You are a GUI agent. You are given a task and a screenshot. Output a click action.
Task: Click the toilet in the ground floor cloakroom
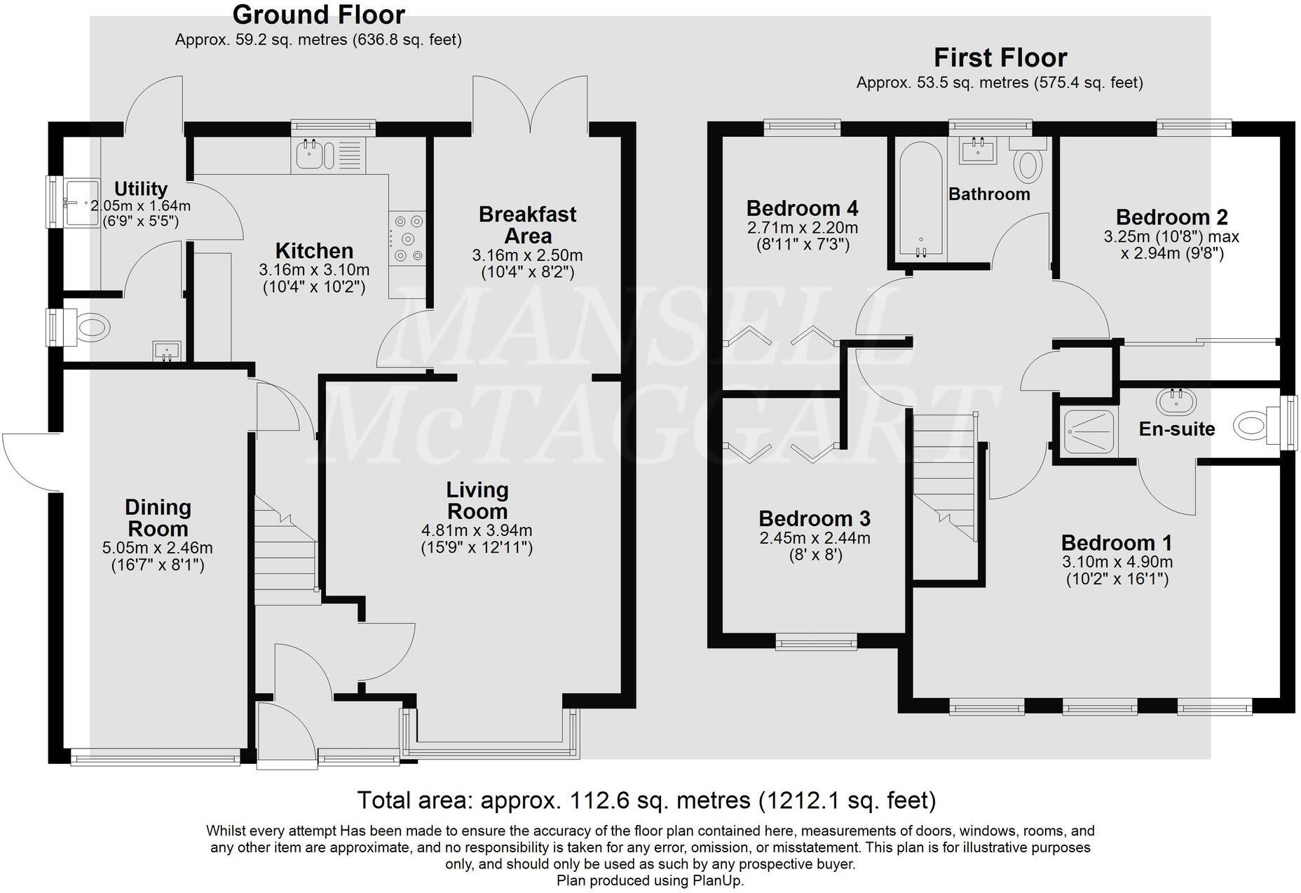point(91,326)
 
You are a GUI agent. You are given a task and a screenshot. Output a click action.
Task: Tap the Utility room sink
point(81,203)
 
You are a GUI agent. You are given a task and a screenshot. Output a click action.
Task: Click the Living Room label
point(477,500)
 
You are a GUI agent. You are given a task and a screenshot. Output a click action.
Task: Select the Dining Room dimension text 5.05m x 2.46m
point(158,548)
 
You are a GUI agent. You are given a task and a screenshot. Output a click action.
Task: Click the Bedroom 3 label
point(815,519)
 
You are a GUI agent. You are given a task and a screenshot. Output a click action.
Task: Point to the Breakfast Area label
point(527,224)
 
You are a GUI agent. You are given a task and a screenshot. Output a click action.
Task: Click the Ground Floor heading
point(318,15)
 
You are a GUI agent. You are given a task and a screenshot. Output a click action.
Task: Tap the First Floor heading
point(1000,57)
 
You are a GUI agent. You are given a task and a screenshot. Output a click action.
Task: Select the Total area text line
point(646,800)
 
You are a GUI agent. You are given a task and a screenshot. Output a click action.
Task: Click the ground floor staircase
point(284,554)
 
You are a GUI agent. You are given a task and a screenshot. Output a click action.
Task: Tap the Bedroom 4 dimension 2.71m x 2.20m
point(803,228)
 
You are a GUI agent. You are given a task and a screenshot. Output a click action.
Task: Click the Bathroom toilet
point(1028,163)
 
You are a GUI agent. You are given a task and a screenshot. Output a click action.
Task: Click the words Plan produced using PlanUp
point(650,880)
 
